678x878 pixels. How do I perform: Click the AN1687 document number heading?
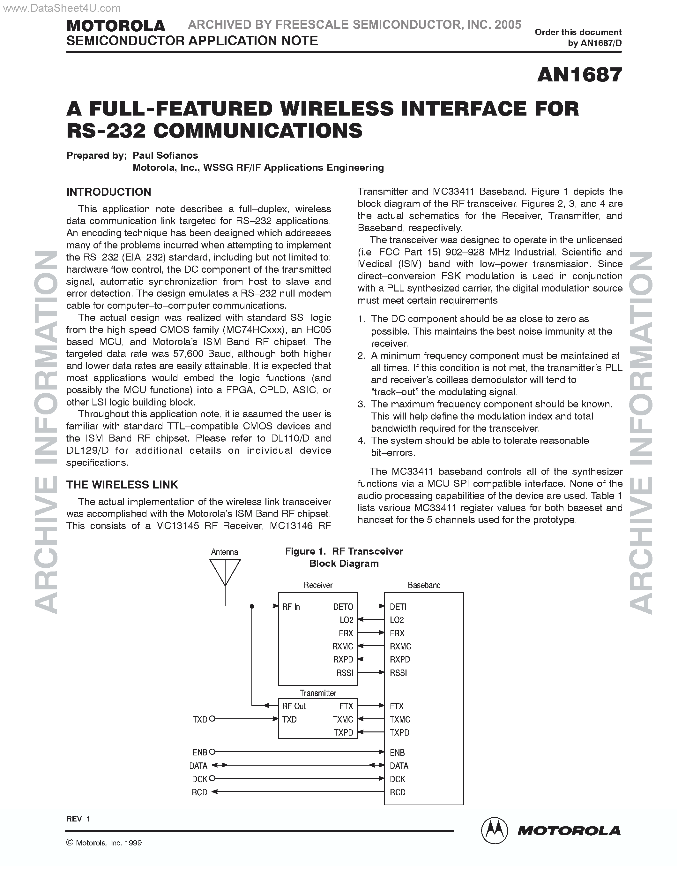point(579,75)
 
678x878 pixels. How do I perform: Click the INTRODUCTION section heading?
point(108,192)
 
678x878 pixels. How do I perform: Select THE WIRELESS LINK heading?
point(122,485)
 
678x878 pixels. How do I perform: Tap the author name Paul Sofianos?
point(165,155)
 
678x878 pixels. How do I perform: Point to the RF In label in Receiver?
point(291,607)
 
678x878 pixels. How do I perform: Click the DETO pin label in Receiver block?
point(343,607)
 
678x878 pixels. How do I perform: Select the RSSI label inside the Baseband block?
point(399,673)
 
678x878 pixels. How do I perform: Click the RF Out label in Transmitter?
point(294,706)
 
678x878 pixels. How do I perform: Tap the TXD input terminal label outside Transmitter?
point(200,720)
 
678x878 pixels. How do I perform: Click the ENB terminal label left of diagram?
point(200,753)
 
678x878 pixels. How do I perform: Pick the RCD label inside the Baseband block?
point(398,792)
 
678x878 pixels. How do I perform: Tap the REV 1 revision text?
point(78,819)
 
